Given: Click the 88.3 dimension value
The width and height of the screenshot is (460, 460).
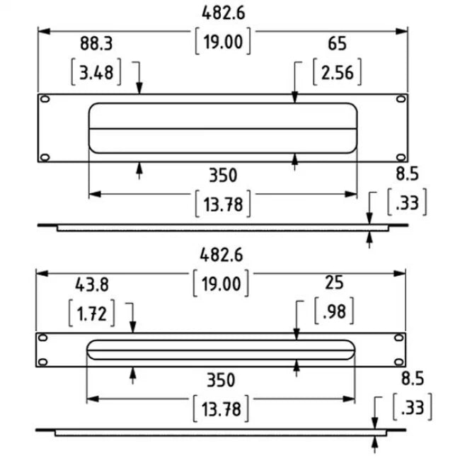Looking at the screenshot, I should (96, 44).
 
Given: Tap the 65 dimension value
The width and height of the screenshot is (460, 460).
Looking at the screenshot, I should (337, 44).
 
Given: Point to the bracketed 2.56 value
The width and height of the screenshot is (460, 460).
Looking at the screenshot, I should (338, 71).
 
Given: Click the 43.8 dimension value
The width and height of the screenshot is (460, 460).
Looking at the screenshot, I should (91, 284).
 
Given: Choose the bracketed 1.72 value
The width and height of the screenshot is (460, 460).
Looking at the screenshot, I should (92, 312).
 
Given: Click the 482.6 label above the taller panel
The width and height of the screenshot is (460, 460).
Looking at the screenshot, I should (222, 13).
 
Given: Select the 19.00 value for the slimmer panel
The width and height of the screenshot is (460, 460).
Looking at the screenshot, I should (222, 284).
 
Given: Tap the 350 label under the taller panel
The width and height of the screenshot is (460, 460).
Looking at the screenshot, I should (222, 175).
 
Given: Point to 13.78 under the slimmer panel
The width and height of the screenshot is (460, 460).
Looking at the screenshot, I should (222, 408).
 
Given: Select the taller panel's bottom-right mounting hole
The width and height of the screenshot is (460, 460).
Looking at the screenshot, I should (400, 156).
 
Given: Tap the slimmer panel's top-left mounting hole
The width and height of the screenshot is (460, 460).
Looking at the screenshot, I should (43, 338).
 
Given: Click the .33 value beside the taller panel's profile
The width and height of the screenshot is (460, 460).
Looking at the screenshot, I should (408, 204).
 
